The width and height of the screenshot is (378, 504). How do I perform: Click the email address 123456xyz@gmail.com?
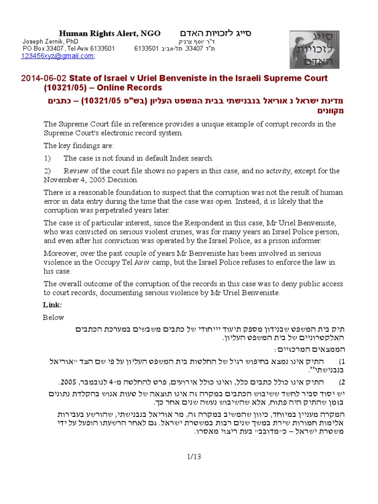(x=57, y=56)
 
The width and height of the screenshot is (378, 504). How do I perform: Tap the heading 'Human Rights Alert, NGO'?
(x=110, y=33)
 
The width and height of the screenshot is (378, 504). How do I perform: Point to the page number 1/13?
(x=189, y=457)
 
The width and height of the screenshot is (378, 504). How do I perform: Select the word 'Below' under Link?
(x=53, y=317)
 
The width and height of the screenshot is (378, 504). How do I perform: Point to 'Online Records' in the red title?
(x=134, y=88)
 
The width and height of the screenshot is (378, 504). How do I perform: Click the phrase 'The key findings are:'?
(x=79, y=146)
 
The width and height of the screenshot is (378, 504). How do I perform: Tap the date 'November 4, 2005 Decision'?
(x=91, y=180)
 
